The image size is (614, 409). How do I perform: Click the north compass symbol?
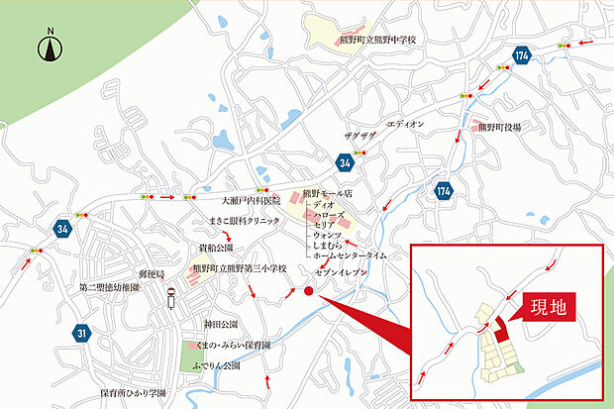[x=50, y=48]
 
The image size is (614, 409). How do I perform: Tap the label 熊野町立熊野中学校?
[x=378, y=41]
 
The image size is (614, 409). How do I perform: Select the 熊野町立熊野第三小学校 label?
[x=239, y=268]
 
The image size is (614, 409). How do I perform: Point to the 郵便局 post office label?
[x=150, y=271]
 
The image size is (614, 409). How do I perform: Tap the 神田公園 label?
[x=221, y=324]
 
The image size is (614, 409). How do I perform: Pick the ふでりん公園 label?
[x=218, y=365]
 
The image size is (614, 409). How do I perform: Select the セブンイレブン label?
[x=342, y=270]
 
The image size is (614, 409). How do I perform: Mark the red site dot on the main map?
[x=308, y=291]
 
